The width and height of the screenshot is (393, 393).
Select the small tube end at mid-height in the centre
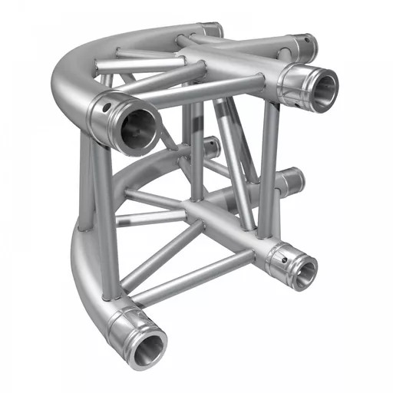tap(209, 146)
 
